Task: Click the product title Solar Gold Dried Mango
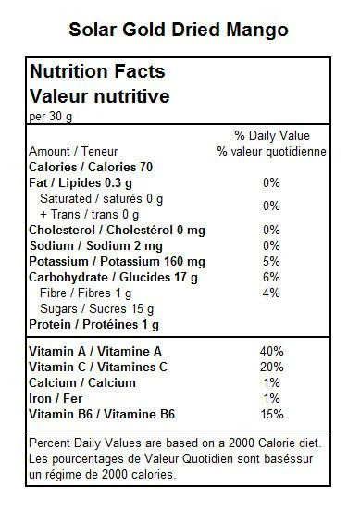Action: tap(179, 31)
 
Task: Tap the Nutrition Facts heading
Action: tap(97, 71)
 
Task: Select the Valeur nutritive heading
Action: tap(100, 96)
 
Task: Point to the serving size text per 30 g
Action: tap(51, 117)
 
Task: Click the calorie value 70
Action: tap(146, 168)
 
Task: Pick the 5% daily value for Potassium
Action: tap(271, 261)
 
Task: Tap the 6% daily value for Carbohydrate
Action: tap(271, 277)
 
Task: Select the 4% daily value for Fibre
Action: tap(271, 293)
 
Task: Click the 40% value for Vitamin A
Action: tap(271, 351)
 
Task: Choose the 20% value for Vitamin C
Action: tap(271, 367)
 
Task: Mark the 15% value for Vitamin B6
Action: tap(271, 415)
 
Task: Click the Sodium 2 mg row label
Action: tap(96, 246)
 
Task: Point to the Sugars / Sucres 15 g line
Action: tap(96, 309)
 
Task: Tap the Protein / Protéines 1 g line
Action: tap(94, 325)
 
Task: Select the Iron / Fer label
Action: tap(56, 398)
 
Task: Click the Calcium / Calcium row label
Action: tap(82, 382)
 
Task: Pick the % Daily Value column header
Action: tap(272, 135)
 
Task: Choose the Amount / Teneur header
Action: tap(73, 151)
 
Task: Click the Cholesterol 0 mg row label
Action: tap(118, 231)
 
